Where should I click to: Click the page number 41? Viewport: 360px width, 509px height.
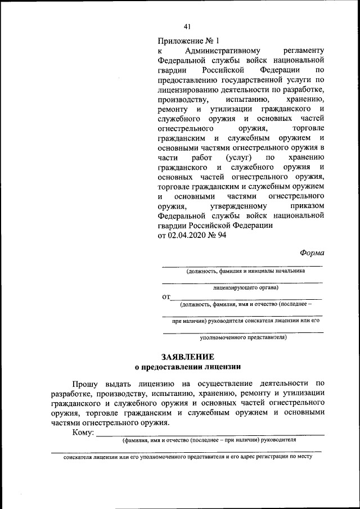click(187, 26)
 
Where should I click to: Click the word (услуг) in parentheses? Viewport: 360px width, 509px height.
click(238, 158)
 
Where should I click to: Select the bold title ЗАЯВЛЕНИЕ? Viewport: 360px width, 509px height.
click(187, 357)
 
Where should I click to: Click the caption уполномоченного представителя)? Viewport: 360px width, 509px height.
click(244, 338)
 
